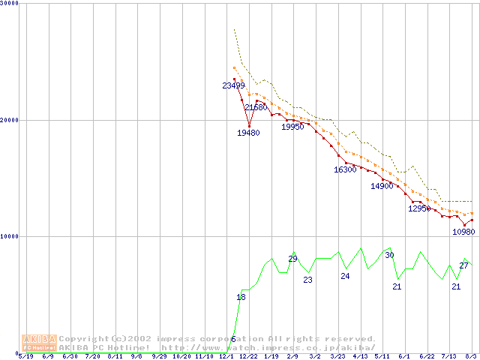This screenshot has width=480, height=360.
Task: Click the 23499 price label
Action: click(234, 86)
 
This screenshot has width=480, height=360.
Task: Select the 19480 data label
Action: click(249, 133)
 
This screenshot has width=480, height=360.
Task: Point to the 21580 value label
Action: click(256, 108)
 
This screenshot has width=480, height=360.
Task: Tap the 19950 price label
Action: click(292, 127)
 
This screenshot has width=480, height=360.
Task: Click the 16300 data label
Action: click(345, 170)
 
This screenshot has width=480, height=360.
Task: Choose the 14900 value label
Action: click(382, 187)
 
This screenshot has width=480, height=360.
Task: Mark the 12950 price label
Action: click(419, 209)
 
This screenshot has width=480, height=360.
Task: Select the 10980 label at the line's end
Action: click(463, 232)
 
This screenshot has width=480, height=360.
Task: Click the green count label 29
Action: click(293, 259)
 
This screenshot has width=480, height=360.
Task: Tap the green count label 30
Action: click(389, 256)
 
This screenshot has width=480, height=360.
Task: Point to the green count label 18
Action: click(241, 298)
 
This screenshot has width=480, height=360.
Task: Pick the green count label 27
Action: click(463, 266)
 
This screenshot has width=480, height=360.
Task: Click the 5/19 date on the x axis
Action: click(25, 356)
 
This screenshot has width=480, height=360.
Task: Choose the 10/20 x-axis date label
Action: click(182, 356)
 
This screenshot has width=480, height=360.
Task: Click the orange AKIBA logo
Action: click(39, 342)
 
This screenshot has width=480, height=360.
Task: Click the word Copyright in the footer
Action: click(83, 339)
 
